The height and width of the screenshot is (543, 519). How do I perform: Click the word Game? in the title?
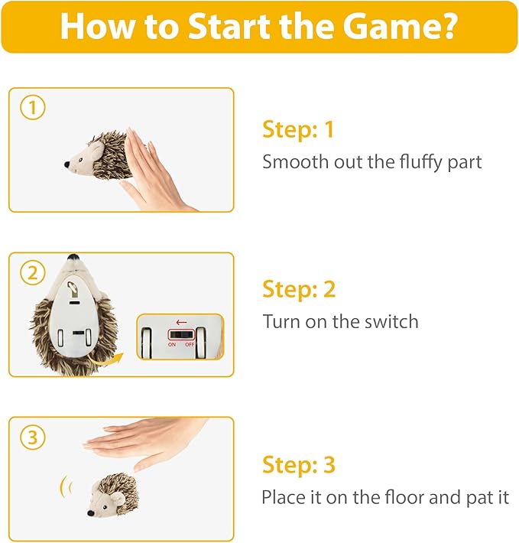(x=401, y=26)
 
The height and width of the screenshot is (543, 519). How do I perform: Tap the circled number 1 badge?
(x=33, y=107)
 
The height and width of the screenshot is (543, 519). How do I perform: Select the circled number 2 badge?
(x=33, y=273)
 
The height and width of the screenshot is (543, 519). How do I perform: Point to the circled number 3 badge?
(x=33, y=437)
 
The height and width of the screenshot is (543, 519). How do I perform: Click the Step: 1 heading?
(x=298, y=130)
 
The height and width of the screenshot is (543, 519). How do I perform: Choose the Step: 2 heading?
(x=299, y=289)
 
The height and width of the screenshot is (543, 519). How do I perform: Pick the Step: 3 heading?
(x=299, y=465)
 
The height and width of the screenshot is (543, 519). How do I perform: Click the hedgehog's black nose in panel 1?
(x=66, y=164)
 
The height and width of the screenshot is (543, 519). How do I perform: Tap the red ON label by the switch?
(x=172, y=345)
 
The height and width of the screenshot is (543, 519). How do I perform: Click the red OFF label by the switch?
(x=190, y=345)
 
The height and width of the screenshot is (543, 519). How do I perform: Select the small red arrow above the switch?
(x=181, y=323)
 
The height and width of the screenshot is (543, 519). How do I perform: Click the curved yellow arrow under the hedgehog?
(x=105, y=361)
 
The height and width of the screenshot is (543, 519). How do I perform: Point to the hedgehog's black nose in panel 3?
(x=91, y=513)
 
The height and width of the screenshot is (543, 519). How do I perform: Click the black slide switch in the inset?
(x=181, y=335)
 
